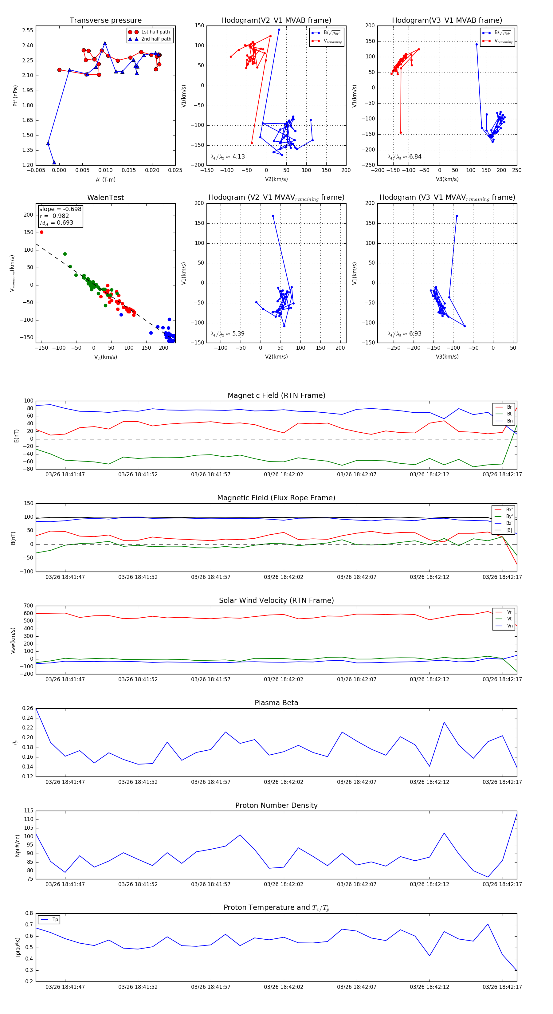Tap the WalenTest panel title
pyautogui.click(x=105, y=198)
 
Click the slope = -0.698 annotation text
pyautogui.click(x=60, y=209)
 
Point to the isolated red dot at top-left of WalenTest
pyautogui.click(x=42, y=232)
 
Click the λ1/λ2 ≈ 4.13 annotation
pyautogui.click(x=227, y=157)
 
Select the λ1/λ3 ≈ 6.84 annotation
pyautogui.click(x=404, y=157)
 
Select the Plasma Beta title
pyautogui.click(x=276, y=703)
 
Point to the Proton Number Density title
pyautogui.click(x=276, y=805)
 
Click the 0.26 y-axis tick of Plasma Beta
pyautogui.click(x=28, y=709)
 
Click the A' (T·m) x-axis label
pyautogui.click(x=105, y=179)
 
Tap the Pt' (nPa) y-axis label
pyautogui.click(x=15, y=96)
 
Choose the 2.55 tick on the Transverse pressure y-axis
pyautogui.click(x=28, y=31)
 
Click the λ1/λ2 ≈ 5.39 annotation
pyautogui.click(x=227, y=334)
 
